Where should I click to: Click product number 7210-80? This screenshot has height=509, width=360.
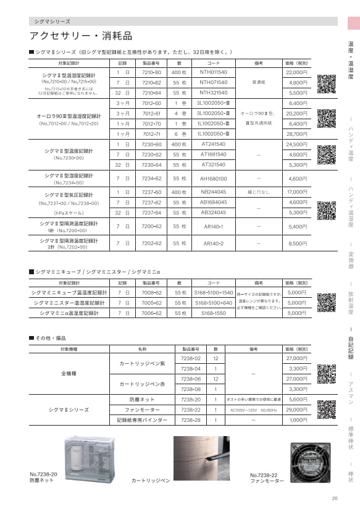pyautogui.click(x=151, y=72)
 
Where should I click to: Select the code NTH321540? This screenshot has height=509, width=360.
pyautogui.click(x=214, y=93)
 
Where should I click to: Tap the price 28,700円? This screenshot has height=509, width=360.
pyautogui.click(x=296, y=133)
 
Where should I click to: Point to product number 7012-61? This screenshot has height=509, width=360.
pyautogui.click(x=151, y=114)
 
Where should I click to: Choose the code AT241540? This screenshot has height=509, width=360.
pyautogui.click(x=214, y=144)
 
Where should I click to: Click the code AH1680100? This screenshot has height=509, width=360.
pyautogui.click(x=214, y=179)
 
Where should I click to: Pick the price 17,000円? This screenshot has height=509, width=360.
pyautogui.click(x=296, y=192)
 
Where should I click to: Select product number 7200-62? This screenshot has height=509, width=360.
pyautogui.click(x=151, y=227)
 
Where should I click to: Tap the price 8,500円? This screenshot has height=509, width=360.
pyautogui.click(x=296, y=244)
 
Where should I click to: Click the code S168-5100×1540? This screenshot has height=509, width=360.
pyautogui.click(x=214, y=292)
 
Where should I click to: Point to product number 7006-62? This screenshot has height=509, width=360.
pyautogui.click(x=151, y=313)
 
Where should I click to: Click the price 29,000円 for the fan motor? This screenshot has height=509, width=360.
pyautogui.click(x=296, y=410)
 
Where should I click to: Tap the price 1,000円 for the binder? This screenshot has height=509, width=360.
pyautogui.click(x=298, y=420)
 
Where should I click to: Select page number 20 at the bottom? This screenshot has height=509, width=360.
pyautogui.click(x=335, y=498)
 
